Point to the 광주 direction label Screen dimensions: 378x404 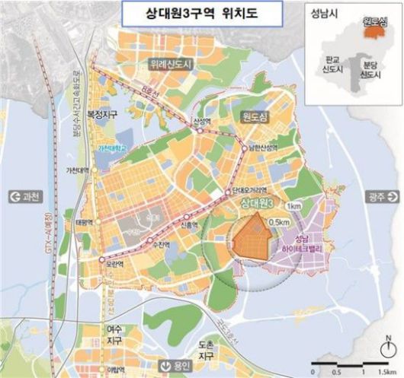click(374, 195)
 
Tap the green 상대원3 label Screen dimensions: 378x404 click(257, 204)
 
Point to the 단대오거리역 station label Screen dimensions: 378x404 click(248, 187)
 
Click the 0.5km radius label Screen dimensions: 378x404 click(280, 221)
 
